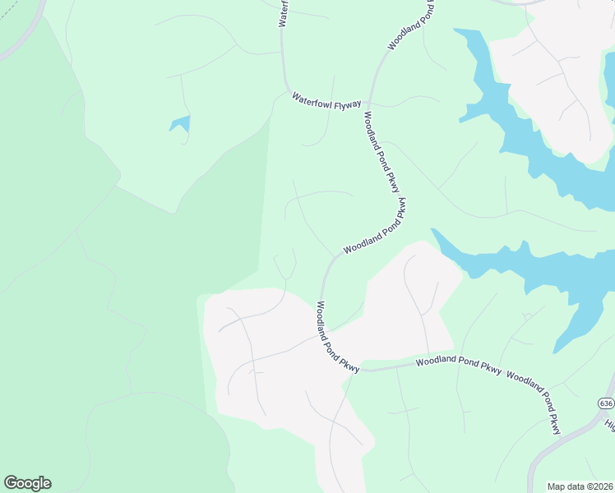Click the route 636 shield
(606, 403)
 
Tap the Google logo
(27, 483)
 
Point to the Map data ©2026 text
(580, 486)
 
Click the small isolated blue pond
(180, 124)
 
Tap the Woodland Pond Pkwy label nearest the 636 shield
(534, 402)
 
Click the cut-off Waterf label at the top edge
(284, 12)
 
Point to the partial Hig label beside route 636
(610, 424)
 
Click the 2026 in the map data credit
(603, 486)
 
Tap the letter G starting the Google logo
(12, 483)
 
